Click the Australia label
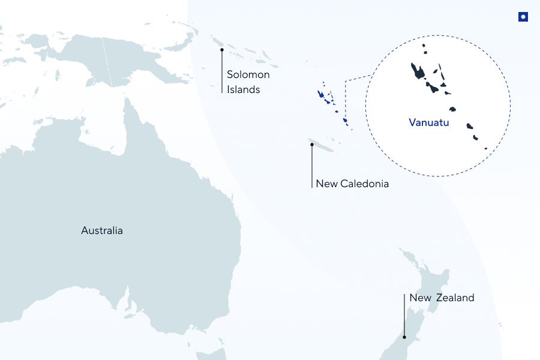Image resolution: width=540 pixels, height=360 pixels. point(102,230)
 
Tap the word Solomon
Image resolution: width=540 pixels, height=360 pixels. point(248,75)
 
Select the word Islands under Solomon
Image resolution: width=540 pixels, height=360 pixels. point(243,89)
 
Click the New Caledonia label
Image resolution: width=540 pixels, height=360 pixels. point(352,184)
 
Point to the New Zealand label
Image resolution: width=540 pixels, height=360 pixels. point(442,298)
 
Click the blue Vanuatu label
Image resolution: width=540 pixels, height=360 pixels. point(428,123)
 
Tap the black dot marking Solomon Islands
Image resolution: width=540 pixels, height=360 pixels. point(222,49)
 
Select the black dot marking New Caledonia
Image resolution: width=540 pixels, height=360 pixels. point(312,144)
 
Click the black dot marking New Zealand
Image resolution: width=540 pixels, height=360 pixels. point(404,337)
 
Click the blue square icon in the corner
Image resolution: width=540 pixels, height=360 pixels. point(523,17)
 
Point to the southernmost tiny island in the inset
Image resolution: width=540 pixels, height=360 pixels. point(486,148)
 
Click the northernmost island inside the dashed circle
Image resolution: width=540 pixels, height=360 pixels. point(424,46)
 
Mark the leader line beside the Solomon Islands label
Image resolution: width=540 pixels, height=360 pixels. point(222,72)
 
